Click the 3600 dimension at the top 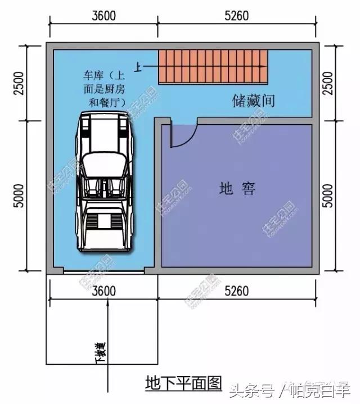pyautogui.click(x=103, y=16)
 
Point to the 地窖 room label pyautogui.click(x=237, y=188)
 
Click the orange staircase pyautogui.click(x=213, y=66)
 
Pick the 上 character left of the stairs pyautogui.click(x=136, y=66)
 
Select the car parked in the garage pyautogui.click(x=103, y=181)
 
